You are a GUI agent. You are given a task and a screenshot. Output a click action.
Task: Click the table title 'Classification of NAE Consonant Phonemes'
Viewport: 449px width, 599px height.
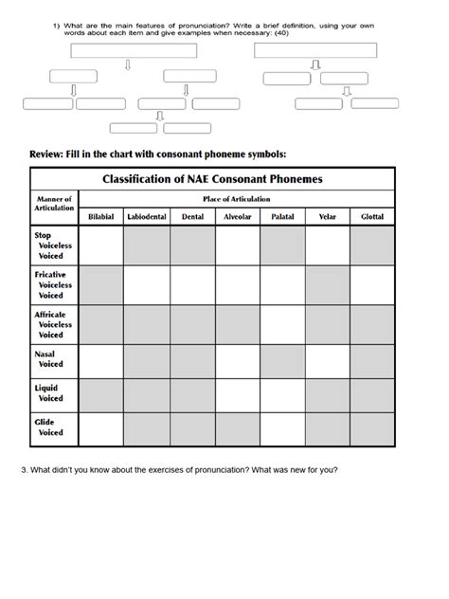[x=213, y=178]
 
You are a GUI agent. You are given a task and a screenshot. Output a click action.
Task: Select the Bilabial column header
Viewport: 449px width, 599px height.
[x=100, y=217]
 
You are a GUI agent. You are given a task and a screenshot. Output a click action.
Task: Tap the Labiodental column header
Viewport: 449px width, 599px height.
[x=147, y=217]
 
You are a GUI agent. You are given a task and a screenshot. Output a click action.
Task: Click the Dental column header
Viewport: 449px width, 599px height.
[x=192, y=217]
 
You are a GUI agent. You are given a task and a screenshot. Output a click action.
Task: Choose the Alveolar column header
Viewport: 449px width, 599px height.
[x=237, y=217]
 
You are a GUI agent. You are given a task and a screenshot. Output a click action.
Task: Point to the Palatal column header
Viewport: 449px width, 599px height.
[x=282, y=217]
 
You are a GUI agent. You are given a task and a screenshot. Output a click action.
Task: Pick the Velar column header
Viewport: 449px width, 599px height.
[x=328, y=217]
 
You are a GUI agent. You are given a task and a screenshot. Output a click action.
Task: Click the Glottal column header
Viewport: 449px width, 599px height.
[x=372, y=217]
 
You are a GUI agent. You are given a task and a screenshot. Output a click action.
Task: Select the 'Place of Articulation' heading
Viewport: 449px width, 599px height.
[x=237, y=199]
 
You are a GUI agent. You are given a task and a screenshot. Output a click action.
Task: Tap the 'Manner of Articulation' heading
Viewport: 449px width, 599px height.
[x=54, y=204]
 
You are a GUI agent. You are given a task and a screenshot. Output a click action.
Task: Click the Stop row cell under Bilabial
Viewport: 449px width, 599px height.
[x=100, y=245]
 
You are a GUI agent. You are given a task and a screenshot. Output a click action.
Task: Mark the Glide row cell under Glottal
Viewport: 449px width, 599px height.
[x=372, y=429]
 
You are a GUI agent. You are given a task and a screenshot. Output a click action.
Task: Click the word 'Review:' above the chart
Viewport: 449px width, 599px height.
[x=46, y=154]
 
